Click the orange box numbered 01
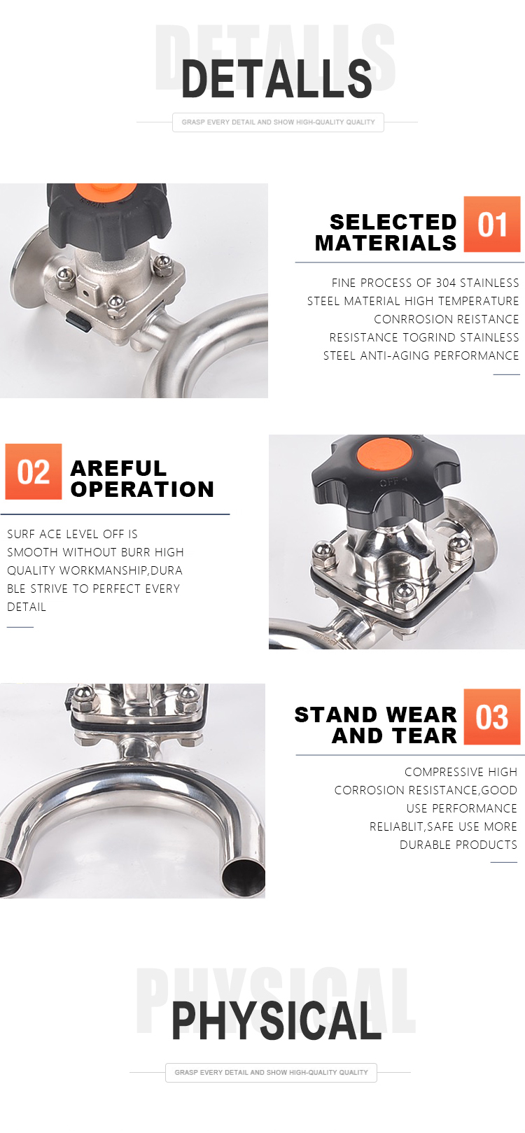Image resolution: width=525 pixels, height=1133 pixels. (x=491, y=224)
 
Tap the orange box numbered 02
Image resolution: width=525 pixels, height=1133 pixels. (x=34, y=472)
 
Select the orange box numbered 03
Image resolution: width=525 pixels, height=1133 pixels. (x=491, y=716)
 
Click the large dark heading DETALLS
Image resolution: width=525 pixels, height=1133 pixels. (x=276, y=78)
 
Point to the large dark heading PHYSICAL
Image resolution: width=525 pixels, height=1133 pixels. (x=276, y=1020)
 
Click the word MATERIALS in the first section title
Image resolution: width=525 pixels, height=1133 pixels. (x=386, y=244)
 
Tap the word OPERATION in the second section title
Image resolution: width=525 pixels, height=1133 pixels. (x=142, y=489)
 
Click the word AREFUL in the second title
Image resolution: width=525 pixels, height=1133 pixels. (x=118, y=468)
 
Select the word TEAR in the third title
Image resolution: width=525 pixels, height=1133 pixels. (x=426, y=736)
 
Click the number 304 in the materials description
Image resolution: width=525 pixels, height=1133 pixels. (x=446, y=283)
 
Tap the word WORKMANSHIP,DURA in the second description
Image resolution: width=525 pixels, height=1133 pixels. (x=120, y=570)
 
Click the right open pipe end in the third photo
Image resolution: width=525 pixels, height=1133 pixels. (x=244, y=877)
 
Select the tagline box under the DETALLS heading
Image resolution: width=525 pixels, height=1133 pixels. (x=278, y=122)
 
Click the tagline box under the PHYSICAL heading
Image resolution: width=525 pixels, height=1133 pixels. (x=271, y=1072)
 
